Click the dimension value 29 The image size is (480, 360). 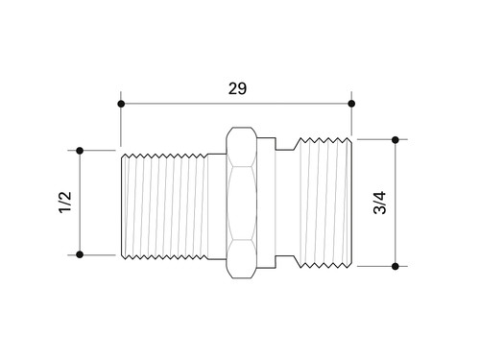click(x=237, y=88)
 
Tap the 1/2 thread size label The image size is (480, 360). click(x=65, y=203)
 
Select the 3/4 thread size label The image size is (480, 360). click(x=380, y=203)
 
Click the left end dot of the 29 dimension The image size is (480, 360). click(x=121, y=104)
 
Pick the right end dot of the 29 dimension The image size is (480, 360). click(x=351, y=104)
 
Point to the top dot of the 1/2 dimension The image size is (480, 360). click(x=80, y=151)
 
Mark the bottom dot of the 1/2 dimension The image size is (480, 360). click(x=80, y=254)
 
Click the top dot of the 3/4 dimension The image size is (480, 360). click(x=396, y=140)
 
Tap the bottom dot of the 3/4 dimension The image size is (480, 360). click(x=396, y=266)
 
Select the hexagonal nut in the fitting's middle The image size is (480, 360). click(x=242, y=203)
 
